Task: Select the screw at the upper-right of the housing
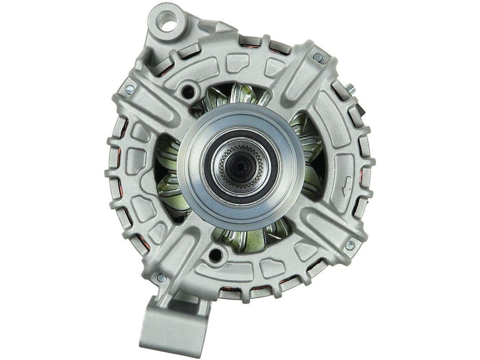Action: coord(318,56)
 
